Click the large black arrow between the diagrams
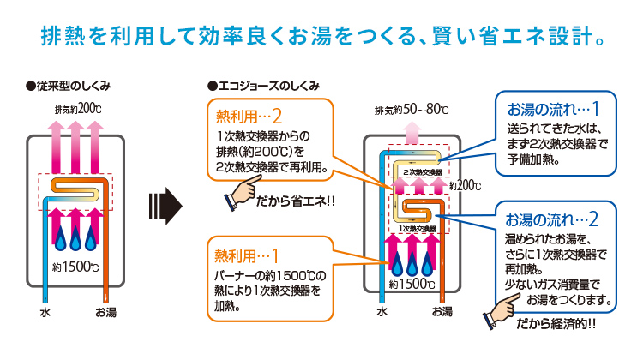165,205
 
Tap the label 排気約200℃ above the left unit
78,109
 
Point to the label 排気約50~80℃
412,110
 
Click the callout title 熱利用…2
249,115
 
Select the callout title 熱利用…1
249,255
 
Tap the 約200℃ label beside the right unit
464,185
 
